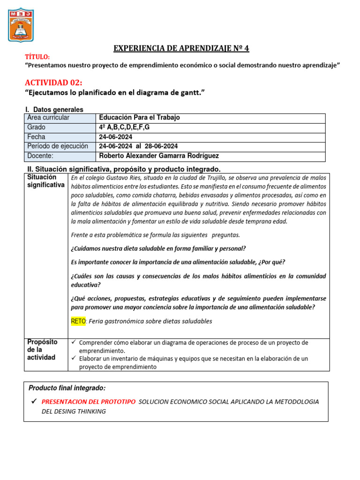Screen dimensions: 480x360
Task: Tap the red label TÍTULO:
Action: click(x=37, y=57)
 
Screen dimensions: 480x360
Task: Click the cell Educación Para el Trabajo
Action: click(x=139, y=118)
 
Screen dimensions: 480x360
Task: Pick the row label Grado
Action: click(x=37, y=127)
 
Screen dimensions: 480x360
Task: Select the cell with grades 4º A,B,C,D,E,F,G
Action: click(x=124, y=127)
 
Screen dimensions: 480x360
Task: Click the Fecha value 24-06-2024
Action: click(x=115, y=137)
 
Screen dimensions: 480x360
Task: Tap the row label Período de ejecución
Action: click(x=58, y=146)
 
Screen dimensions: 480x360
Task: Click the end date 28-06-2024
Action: click(x=161, y=146)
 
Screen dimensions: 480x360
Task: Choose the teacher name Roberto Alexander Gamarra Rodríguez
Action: click(x=159, y=156)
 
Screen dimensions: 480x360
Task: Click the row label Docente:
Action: click(x=40, y=156)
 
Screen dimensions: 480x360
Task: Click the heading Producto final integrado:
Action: click(x=67, y=388)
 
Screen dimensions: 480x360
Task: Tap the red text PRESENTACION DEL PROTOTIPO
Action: click(x=89, y=402)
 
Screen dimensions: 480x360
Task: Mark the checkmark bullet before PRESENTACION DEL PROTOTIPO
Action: click(x=33, y=401)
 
